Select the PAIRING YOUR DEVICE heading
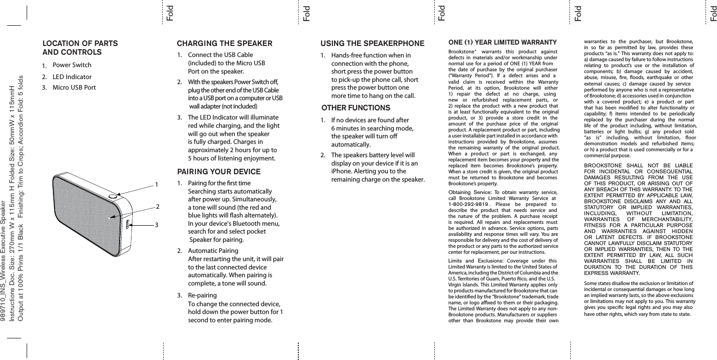tap(219, 172)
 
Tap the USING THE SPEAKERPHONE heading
tap(372, 44)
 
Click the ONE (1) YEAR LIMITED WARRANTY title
tap(502, 43)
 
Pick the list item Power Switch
tap(72, 65)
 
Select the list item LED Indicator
tap(72, 76)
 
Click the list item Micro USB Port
tap(74, 87)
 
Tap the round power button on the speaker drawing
tap(113, 196)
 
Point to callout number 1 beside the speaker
tap(157, 184)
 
